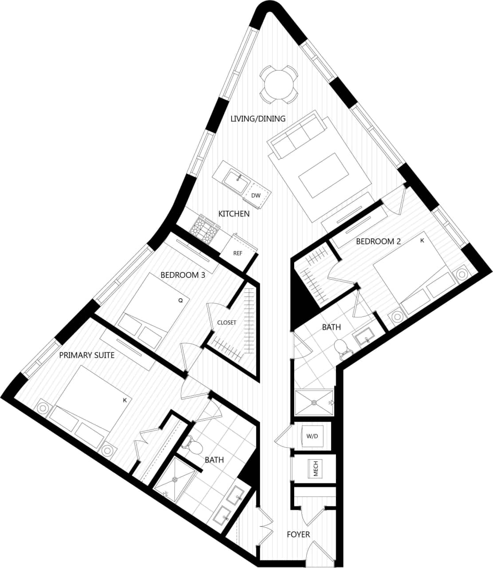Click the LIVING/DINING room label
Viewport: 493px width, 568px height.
coord(257,119)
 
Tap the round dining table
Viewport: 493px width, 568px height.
coord(278,83)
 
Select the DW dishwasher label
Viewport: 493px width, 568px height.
coord(256,195)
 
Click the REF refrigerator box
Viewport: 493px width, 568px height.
coord(238,253)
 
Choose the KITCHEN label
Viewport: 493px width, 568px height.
coord(234,214)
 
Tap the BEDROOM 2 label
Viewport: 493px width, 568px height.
coord(378,241)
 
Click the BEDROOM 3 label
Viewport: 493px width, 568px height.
coord(182,275)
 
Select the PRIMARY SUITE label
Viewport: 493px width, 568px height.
coord(87,355)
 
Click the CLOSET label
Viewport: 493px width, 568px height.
coord(226,323)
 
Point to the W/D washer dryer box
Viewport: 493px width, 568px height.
coord(312,436)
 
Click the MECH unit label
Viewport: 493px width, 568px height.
coord(316,469)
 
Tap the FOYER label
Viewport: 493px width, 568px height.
coord(298,534)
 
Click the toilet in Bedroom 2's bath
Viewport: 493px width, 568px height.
coord(342,349)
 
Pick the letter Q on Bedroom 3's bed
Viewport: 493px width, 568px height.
coord(180,300)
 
